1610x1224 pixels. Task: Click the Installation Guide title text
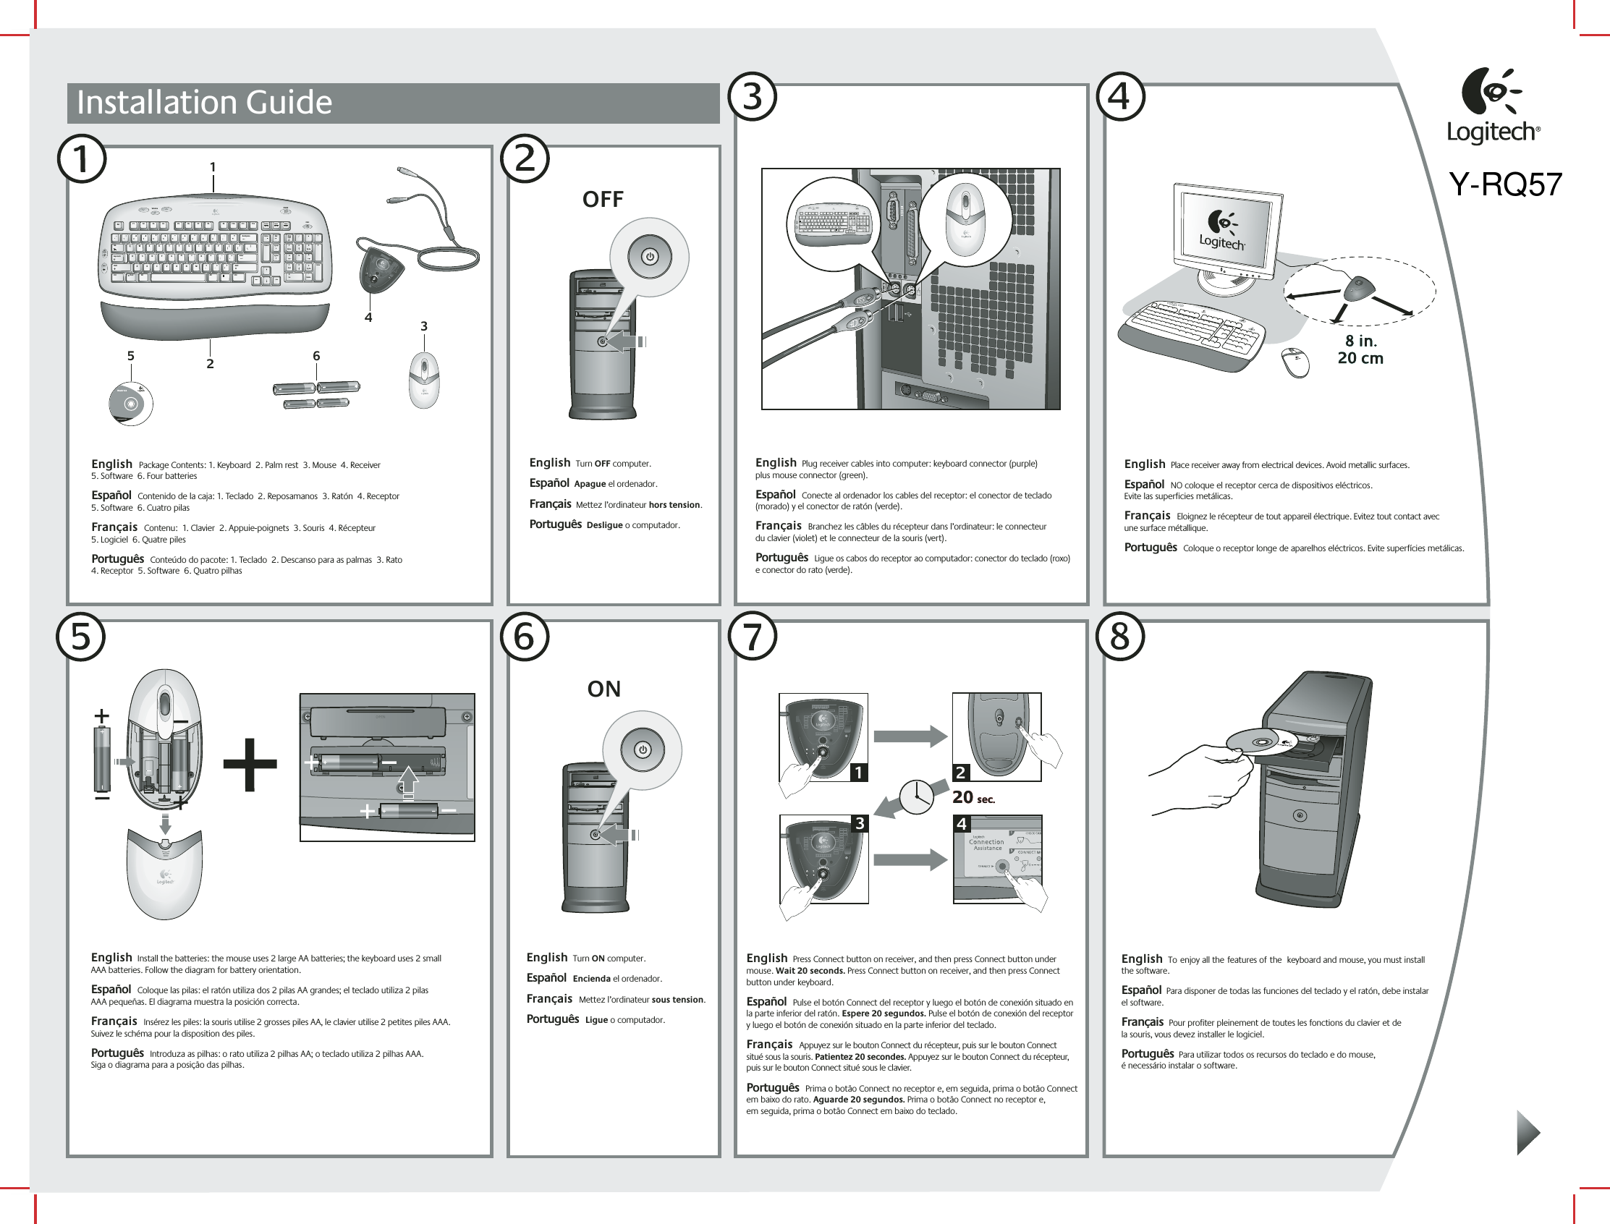click(204, 103)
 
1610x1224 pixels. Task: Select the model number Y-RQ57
click(1505, 184)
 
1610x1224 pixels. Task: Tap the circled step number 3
click(753, 97)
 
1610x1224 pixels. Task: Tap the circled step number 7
click(753, 636)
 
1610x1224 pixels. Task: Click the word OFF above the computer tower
click(603, 200)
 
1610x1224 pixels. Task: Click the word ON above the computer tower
click(604, 689)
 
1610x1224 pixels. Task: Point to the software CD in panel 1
click(131, 404)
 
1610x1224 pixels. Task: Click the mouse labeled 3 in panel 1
click(424, 380)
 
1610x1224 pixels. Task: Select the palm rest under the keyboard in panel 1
click(215, 320)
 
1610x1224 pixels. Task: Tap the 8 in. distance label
click(1360, 341)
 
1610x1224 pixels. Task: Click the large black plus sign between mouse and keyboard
click(250, 764)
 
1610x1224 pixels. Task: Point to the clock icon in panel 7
click(917, 796)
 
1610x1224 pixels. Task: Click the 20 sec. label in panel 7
click(973, 798)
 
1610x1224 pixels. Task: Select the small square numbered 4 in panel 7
click(962, 824)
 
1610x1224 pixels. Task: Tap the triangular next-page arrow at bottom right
click(1527, 1133)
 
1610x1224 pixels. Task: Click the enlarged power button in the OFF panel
click(649, 258)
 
